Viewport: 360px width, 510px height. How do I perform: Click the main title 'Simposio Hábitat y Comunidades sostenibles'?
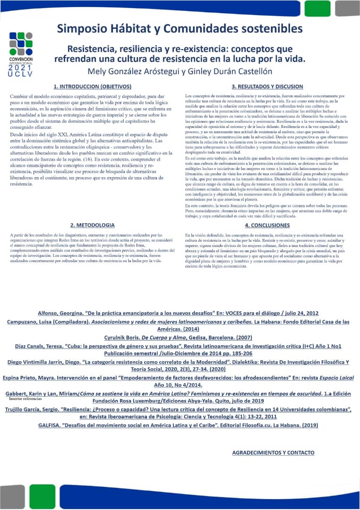click(180, 28)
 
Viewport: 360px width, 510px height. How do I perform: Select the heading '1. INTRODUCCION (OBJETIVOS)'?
click(92, 86)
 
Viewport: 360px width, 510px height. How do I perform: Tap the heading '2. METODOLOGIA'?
click(92, 225)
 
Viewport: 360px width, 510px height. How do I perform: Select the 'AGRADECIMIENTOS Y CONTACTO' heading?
click(273, 452)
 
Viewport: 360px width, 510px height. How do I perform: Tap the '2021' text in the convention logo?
click(21, 68)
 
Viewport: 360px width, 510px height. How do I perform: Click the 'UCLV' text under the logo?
click(21, 75)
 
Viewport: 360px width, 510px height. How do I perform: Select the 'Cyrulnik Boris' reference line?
click(178, 337)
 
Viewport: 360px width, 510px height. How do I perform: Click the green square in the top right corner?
click(317, 8)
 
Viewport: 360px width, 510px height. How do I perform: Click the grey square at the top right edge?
click(347, 8)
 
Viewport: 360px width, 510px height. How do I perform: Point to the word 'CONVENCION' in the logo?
click(21, 59)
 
